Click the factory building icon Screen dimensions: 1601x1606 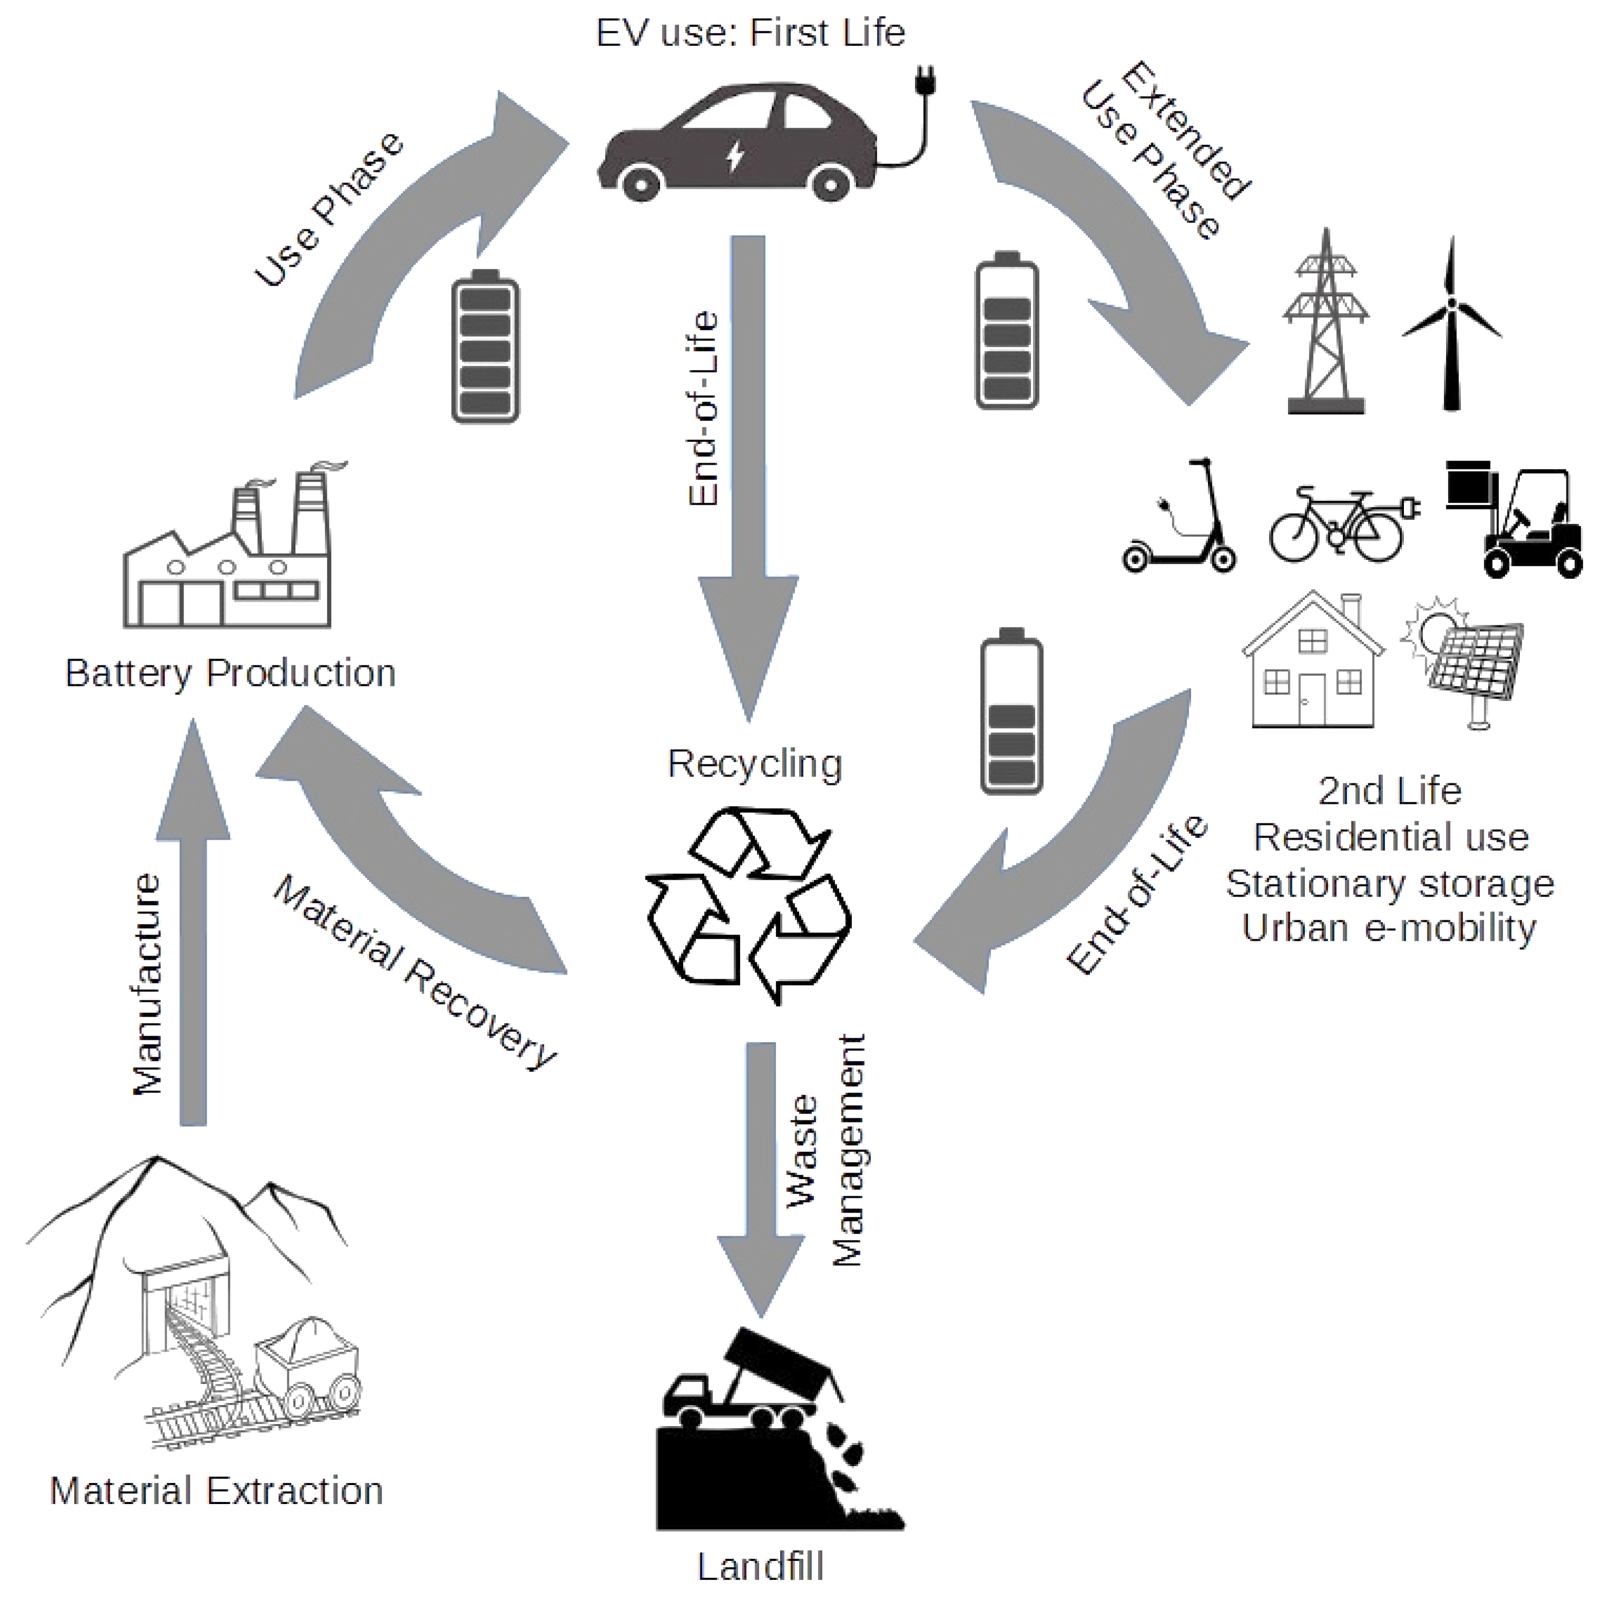point(229,557)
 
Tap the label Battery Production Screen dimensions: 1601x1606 point(230,674)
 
